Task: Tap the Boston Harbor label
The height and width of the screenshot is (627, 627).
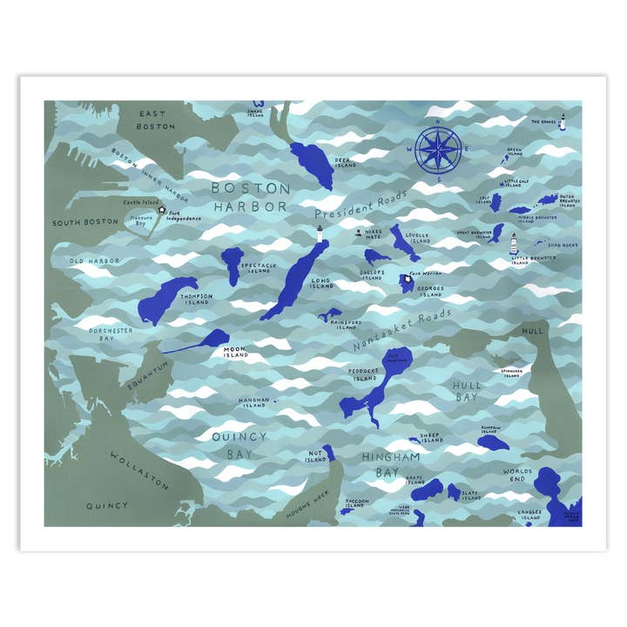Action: coord(251,197)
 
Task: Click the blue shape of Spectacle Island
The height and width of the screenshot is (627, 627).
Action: coord(233,263)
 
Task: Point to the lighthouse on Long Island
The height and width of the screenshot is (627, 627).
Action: coord(320,233)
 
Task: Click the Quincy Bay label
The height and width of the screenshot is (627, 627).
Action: coord(234,445)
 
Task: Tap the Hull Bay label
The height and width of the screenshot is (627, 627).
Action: coord(467,389)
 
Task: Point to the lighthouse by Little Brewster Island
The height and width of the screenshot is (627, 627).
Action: coord(514,241)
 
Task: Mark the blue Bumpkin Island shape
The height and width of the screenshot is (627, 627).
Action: coord(492,442)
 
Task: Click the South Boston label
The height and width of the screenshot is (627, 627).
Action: coord(84,222)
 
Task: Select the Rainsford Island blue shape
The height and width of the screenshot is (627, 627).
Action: coord(331,314)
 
